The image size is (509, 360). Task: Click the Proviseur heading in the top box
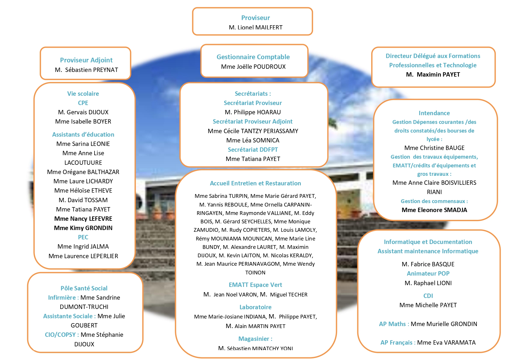[x=256, y=18]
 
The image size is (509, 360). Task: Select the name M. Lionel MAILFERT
[x=256, y=28]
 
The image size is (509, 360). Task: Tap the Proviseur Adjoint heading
[x=86, y=60]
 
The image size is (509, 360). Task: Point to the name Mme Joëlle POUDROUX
[x=253, y=67]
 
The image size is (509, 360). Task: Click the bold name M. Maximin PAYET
[x=433, y=75]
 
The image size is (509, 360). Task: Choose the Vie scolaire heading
[x=83, y=94]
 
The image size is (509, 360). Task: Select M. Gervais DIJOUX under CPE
[x=83, y=112]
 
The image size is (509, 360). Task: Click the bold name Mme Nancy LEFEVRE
[x=83, y=219]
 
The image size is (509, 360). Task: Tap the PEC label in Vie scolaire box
[x=83, y=237]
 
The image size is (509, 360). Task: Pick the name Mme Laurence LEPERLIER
[x=83, y=256]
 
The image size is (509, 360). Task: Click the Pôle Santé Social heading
[x=84, y=288]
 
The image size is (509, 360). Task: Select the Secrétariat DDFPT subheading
[x=253, y=150]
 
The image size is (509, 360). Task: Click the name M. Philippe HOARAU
[x=253, y=112]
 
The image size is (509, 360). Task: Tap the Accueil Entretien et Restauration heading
[x=255, y=183]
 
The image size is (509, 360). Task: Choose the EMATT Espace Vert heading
[x=255, y=285]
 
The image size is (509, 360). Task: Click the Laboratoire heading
[x=255, y=307]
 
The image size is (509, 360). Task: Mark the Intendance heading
[x=434, y=113]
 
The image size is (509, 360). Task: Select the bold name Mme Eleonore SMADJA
[x=434, y=210]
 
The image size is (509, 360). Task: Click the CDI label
[x=428, y=296]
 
